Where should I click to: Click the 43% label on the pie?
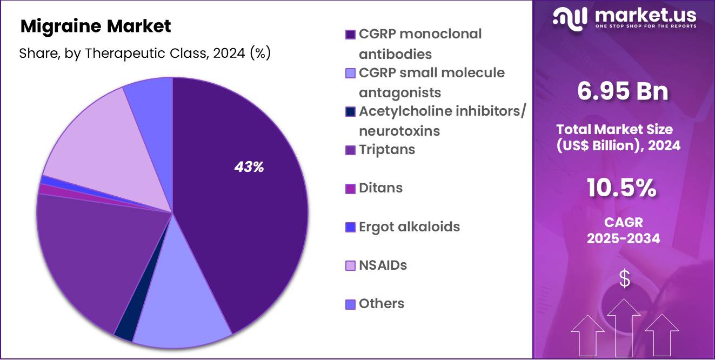pos(249,168)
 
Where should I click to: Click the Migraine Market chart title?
pos(96,26)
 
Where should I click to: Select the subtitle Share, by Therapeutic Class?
pos(145,54)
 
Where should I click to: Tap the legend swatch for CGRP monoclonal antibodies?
pos(350,35)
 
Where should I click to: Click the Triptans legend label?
pos(387,149)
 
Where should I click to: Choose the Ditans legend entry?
pos(380,188)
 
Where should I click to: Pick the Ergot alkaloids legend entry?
pos(409,226)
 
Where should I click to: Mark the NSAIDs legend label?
pos(383,265)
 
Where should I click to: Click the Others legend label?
pos(382,304)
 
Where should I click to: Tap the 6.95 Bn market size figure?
pos(623,91)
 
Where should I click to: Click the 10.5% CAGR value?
pos(622,188)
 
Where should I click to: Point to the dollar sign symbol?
pos(625,279)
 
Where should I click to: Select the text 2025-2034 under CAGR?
pos(623,238)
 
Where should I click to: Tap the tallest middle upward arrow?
pos(624,327)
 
